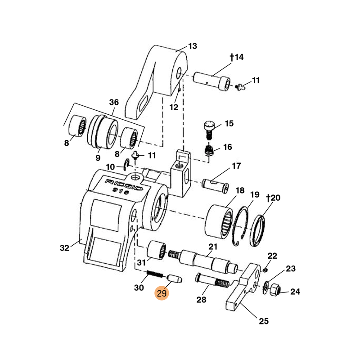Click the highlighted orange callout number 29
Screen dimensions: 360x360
(x=162, y=293)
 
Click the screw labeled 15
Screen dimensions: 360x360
(x=209, y=130)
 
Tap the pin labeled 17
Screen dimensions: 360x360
(x=216, y=185)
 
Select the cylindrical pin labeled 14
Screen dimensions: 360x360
(x=211, y=81)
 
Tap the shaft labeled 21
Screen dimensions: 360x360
(x=207, y=261)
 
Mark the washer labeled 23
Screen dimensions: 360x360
(x=266, y=285)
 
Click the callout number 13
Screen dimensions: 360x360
(x=193, y=46)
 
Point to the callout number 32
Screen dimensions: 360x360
(x=64, y=247)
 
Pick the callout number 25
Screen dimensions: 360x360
(x=263, y=321)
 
